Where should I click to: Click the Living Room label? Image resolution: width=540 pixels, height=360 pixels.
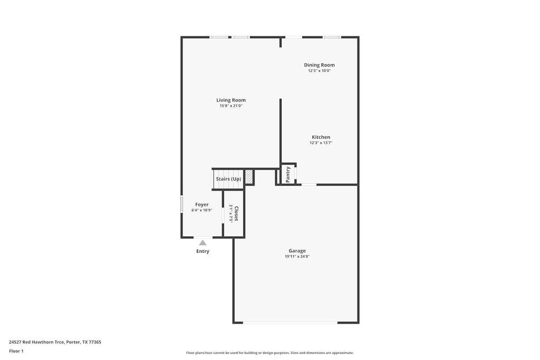tap(231, 100)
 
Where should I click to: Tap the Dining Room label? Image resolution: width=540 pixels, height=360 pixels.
tap(319, 65)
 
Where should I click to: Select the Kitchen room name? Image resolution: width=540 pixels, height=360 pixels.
tap(321, 137)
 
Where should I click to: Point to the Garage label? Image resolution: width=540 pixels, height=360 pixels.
tap(297, 251)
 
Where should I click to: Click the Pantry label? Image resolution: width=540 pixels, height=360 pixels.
tap(288, 174)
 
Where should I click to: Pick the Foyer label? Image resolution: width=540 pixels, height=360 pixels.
tap(202, 205)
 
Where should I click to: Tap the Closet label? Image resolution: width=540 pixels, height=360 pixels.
tap(236, 213)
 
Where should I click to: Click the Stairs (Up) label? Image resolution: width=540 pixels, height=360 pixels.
tap(228, 179)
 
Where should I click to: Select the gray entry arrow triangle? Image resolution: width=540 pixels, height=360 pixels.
tap(202, 242)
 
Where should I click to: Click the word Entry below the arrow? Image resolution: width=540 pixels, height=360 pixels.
tap(202, 251)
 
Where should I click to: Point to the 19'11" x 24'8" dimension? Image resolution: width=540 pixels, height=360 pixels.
tap(297, 257)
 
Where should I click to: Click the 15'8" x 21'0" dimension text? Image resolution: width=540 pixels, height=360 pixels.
tap(231, 106)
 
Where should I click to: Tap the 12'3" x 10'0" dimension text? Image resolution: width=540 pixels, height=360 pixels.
tap(319, 71)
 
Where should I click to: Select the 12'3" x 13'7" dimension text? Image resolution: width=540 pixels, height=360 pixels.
tap(321, 143)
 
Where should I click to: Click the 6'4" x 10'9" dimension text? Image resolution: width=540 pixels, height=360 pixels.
tap(201, 210)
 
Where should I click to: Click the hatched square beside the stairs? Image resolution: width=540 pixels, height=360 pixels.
tap(249, 177)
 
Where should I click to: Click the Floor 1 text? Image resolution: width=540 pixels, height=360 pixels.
tap(16, 351)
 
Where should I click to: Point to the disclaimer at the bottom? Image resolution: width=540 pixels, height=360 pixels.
tap(269, 353)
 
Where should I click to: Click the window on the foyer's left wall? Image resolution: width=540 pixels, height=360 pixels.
tap(181, 204)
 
